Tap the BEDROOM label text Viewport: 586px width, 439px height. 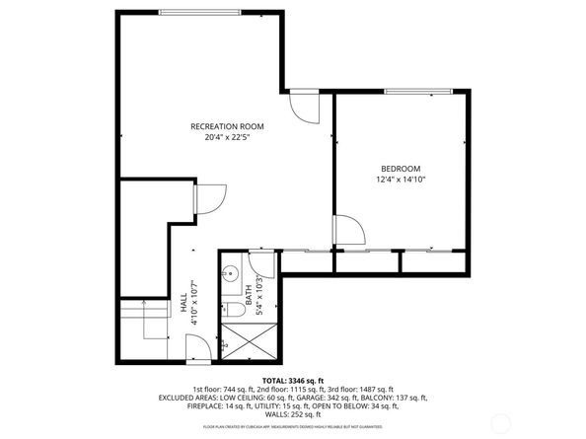coord(400,169)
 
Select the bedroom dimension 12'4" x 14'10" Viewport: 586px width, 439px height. coord(400,180)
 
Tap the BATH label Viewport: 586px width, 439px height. coord(250,293)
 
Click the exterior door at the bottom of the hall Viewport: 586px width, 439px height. coord(198,346)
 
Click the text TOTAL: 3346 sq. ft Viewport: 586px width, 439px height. coord(292,380)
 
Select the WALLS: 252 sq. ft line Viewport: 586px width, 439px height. coord(293,415)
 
